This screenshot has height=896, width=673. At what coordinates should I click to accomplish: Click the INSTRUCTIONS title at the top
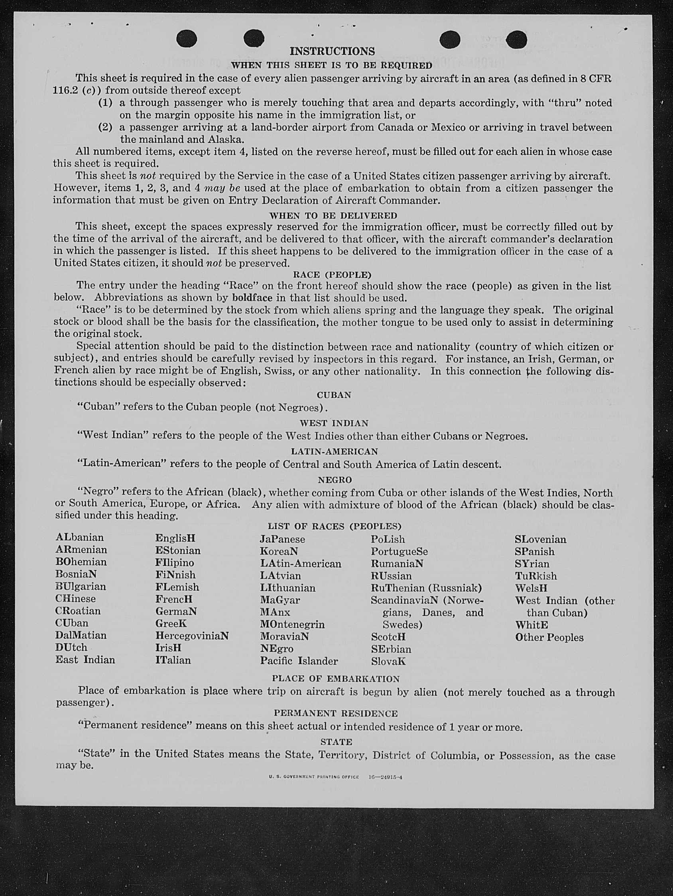[332, 51]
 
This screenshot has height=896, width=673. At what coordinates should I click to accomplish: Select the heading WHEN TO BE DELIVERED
[333, 216]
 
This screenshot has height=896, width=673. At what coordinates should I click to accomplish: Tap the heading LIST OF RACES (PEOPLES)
[334, 526]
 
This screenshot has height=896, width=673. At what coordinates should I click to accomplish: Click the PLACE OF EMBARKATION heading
[335, 678]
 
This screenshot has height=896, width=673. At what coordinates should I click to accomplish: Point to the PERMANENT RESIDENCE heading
[335, 713]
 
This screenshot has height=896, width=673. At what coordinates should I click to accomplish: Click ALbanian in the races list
[79, 538]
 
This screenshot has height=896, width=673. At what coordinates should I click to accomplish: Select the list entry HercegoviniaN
[192, 636]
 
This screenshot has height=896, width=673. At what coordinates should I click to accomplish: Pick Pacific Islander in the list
[299, 661]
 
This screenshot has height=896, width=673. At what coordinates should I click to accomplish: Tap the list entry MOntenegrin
[292, 624]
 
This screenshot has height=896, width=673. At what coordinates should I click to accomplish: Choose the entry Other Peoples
[549, 638]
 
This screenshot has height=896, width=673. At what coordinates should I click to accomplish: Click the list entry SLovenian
[540, 540]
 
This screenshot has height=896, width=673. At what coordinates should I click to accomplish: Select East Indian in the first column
[85, 660]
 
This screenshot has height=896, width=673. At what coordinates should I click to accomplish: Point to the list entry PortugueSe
[399, 552]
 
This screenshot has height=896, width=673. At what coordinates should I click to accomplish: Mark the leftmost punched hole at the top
[187, 39]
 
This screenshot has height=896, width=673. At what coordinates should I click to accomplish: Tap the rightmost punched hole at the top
[516, 39]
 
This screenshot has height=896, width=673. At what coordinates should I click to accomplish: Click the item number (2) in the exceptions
[105, 128]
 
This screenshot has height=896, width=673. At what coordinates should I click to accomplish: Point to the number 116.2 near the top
[65, 90]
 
